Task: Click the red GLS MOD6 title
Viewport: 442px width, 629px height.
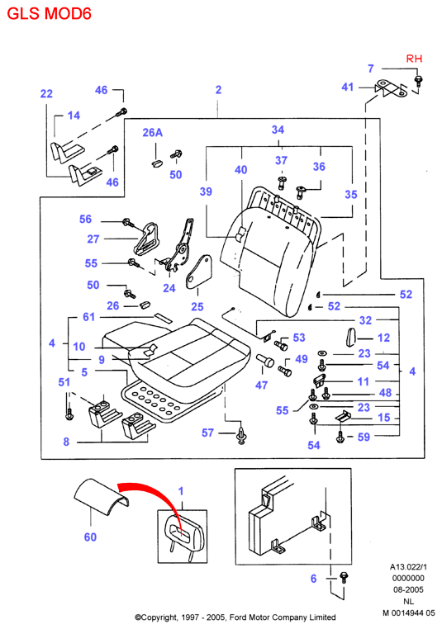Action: coord(49,14)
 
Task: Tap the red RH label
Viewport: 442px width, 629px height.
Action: coord(414,59)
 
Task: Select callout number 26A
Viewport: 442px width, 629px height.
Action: coord(153,132)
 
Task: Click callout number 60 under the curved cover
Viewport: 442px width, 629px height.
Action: coord(90,537)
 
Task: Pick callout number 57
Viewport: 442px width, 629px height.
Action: coord(207,433)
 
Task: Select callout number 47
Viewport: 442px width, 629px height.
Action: coord(261,385)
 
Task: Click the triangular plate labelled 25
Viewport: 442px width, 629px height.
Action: coord(199,272)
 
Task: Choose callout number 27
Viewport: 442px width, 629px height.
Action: coord(93,239)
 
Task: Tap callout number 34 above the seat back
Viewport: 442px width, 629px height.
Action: coord(278,130)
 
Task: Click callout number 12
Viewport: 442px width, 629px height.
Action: coord(384,338)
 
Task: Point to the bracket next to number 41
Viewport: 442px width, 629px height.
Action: coord(390,88)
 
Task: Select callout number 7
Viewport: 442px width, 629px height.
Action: coord(371,69)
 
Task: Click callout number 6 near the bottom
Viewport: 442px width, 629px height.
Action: coord(314,579)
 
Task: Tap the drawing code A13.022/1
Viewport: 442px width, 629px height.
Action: coord(408,567)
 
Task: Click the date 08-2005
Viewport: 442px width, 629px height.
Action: coord(408,589)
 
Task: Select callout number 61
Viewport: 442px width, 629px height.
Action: coord(88,317)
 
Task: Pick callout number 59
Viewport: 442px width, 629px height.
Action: coord(364,437)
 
